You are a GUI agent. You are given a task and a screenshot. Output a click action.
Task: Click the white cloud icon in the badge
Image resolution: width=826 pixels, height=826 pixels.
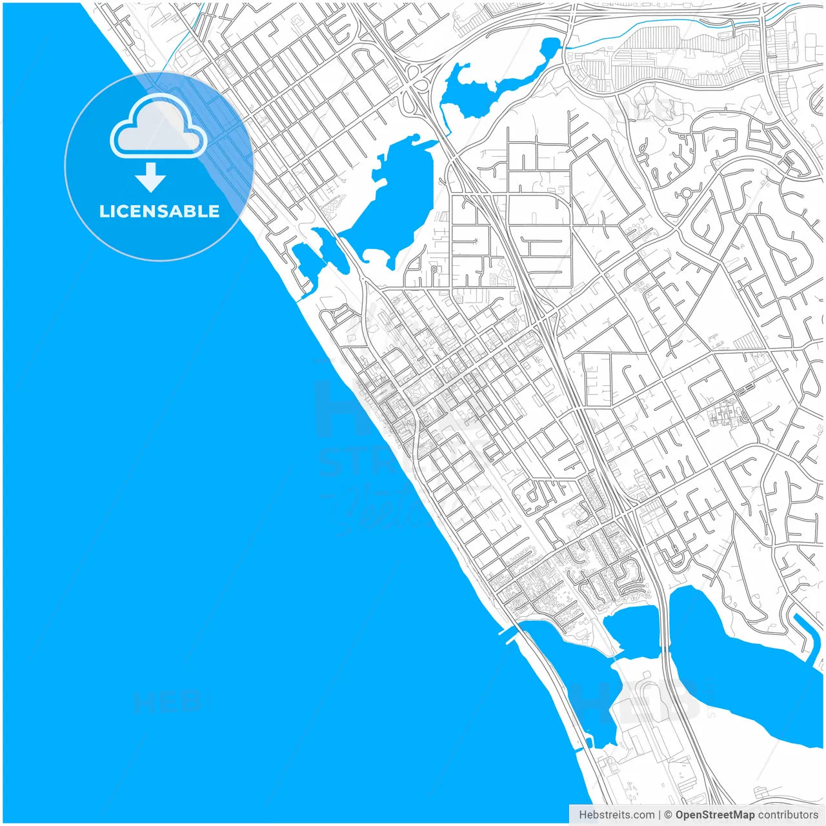tap(158, 128)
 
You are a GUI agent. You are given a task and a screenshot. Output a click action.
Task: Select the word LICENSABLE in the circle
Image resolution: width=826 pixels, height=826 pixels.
tap(159, 211)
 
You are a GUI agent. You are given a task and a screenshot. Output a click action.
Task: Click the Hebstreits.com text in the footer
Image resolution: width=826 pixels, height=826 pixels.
tap(616, 815)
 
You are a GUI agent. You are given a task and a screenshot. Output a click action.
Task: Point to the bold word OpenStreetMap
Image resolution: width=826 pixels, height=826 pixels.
tap(714, 815)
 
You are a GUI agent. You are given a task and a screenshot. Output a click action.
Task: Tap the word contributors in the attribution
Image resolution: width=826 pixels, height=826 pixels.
tap(787, 815)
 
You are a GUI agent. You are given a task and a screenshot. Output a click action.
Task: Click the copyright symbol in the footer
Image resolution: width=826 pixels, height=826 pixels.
tap(668, 815)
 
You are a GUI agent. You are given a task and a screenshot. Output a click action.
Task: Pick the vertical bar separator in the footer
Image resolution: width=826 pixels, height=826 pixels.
tap(659, 815)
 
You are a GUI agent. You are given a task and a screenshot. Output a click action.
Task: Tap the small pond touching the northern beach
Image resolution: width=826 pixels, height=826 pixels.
tap(305, 261)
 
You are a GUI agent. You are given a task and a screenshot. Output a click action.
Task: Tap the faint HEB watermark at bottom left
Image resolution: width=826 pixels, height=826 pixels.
tap(168, 702)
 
